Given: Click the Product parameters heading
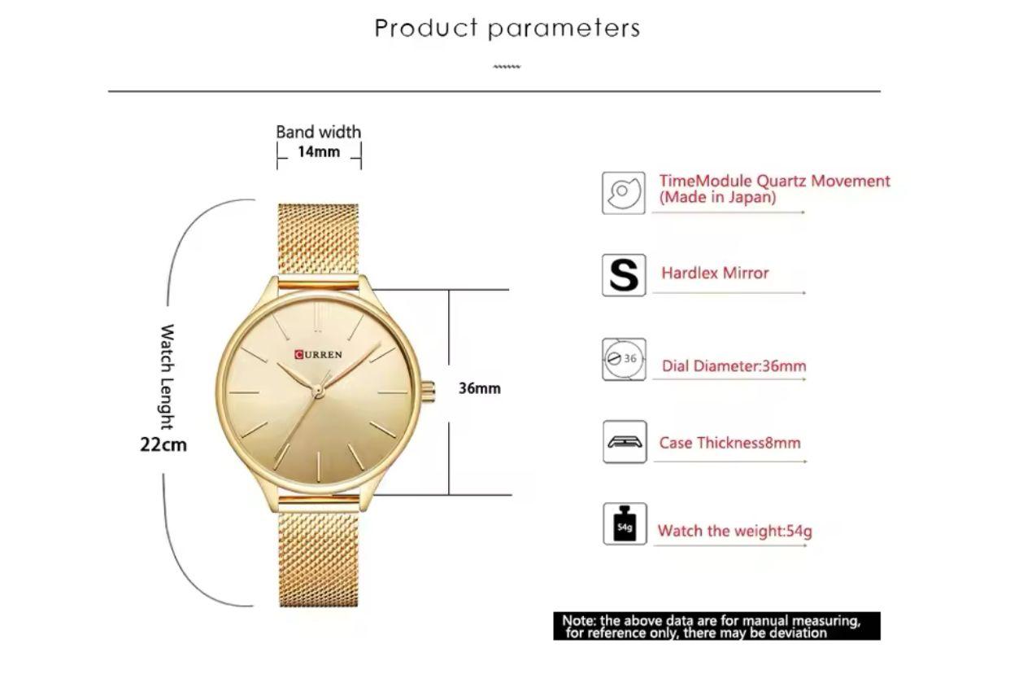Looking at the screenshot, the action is [x=507, y=28].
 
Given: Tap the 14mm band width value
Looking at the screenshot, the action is [x=319, y=151].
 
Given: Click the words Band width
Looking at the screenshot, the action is [x=319, y=132].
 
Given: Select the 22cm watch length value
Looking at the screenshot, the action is [x=163, y=444].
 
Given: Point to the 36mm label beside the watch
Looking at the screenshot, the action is [x=479, y=388].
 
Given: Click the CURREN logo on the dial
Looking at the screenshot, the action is [x=318, y=355].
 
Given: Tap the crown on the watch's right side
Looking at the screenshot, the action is [x=429, y=391].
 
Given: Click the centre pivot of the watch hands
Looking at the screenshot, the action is [x=318, y=391].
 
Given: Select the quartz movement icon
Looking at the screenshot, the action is [x=624, y=193].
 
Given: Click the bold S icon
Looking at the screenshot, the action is [x=624, y=275].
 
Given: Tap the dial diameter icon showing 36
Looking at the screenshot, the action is [x=624, y=359].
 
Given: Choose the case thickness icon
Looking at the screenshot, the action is [x=625, y=442].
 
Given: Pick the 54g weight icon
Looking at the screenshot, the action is [x=625, y=524].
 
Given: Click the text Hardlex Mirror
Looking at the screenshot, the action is [x=715, y=274].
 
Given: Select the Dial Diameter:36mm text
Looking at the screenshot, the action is [x=734, y=365].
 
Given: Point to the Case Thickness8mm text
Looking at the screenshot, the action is [x=730, y=443].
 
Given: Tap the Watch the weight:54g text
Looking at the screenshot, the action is [x=735, y=531].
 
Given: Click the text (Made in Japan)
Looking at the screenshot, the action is [x=717, y=197].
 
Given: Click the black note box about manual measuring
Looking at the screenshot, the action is [x=716, y=626].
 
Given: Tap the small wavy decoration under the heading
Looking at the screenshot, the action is [x=507, y=67].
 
